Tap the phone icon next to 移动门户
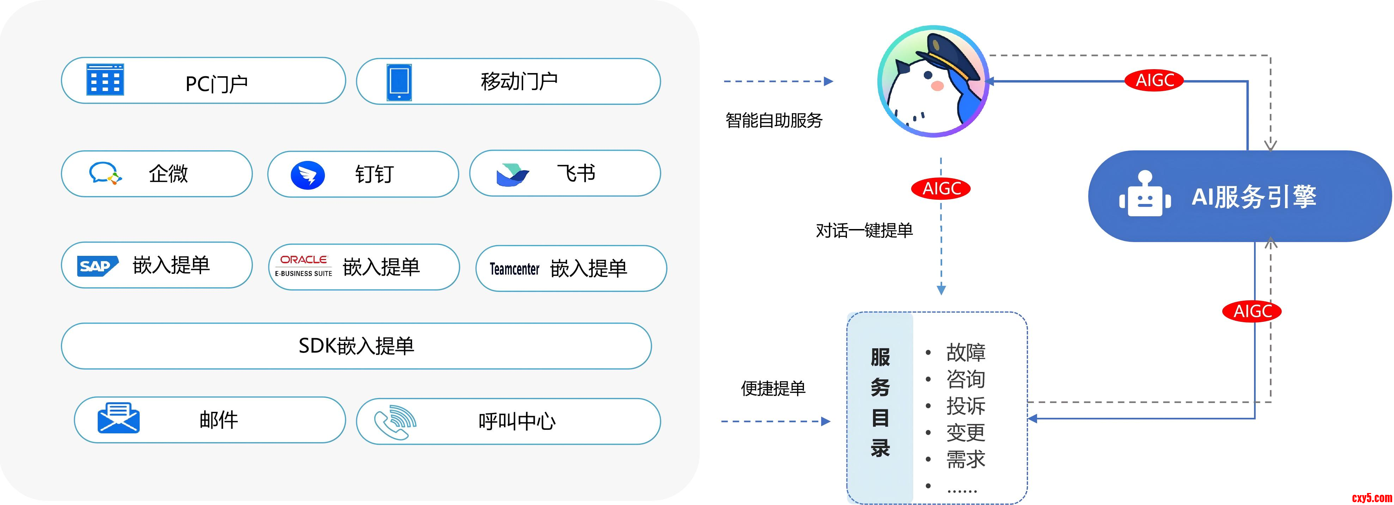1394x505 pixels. (x=399, y=82)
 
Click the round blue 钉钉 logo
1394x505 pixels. (x=307, y=175)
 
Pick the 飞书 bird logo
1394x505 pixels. (x=511, y=175)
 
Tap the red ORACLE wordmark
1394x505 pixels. (x=304, y=260)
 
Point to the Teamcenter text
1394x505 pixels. (x=514, y=269)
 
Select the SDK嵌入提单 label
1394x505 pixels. (x=356, y=346)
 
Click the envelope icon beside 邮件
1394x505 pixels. (x=118, y=418)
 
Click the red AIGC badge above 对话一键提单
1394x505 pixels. (x=941, y=188)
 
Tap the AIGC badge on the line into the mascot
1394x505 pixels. (x=1154, y=80)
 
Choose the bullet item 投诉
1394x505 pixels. (x=965, y=406)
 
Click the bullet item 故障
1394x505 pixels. (x=965, y=352)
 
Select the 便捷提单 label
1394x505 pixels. (x=773, y=388)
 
